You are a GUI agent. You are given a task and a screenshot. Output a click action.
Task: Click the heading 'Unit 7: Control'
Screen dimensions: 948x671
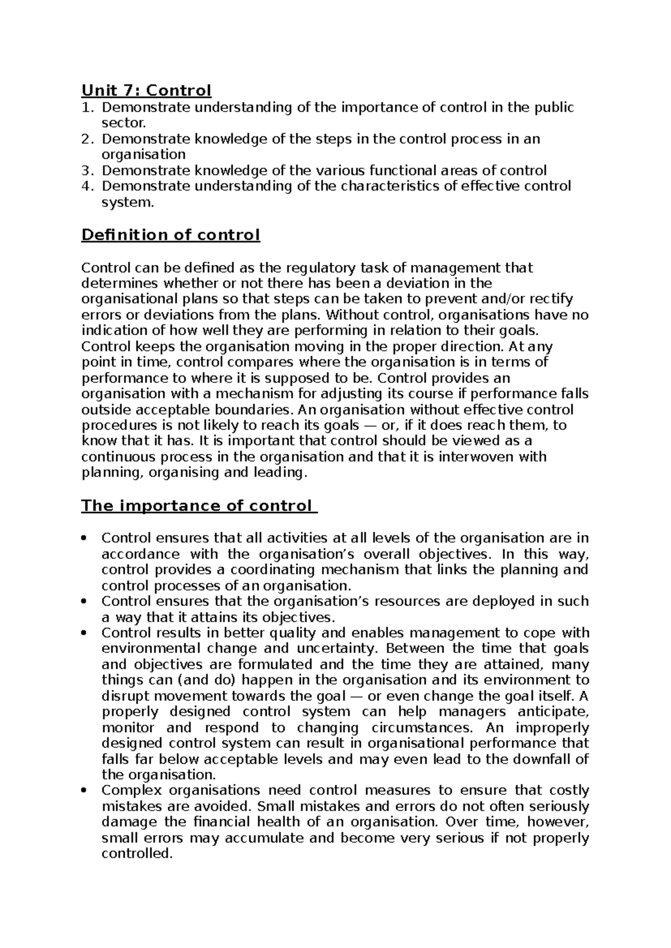point(146,90)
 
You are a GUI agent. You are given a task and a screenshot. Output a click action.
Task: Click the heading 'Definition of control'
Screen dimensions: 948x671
point(171,235)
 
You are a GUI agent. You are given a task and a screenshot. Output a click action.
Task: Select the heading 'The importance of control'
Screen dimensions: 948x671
point(196,506)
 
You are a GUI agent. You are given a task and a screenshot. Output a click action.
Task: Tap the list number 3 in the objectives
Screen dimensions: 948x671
point(87,170)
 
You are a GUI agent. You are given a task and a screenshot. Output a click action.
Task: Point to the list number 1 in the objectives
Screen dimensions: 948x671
point(87,107)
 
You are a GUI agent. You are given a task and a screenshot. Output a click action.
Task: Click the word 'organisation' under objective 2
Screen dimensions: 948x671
point(143,154)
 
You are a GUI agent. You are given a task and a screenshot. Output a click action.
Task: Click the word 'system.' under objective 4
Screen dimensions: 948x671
point(127,202)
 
